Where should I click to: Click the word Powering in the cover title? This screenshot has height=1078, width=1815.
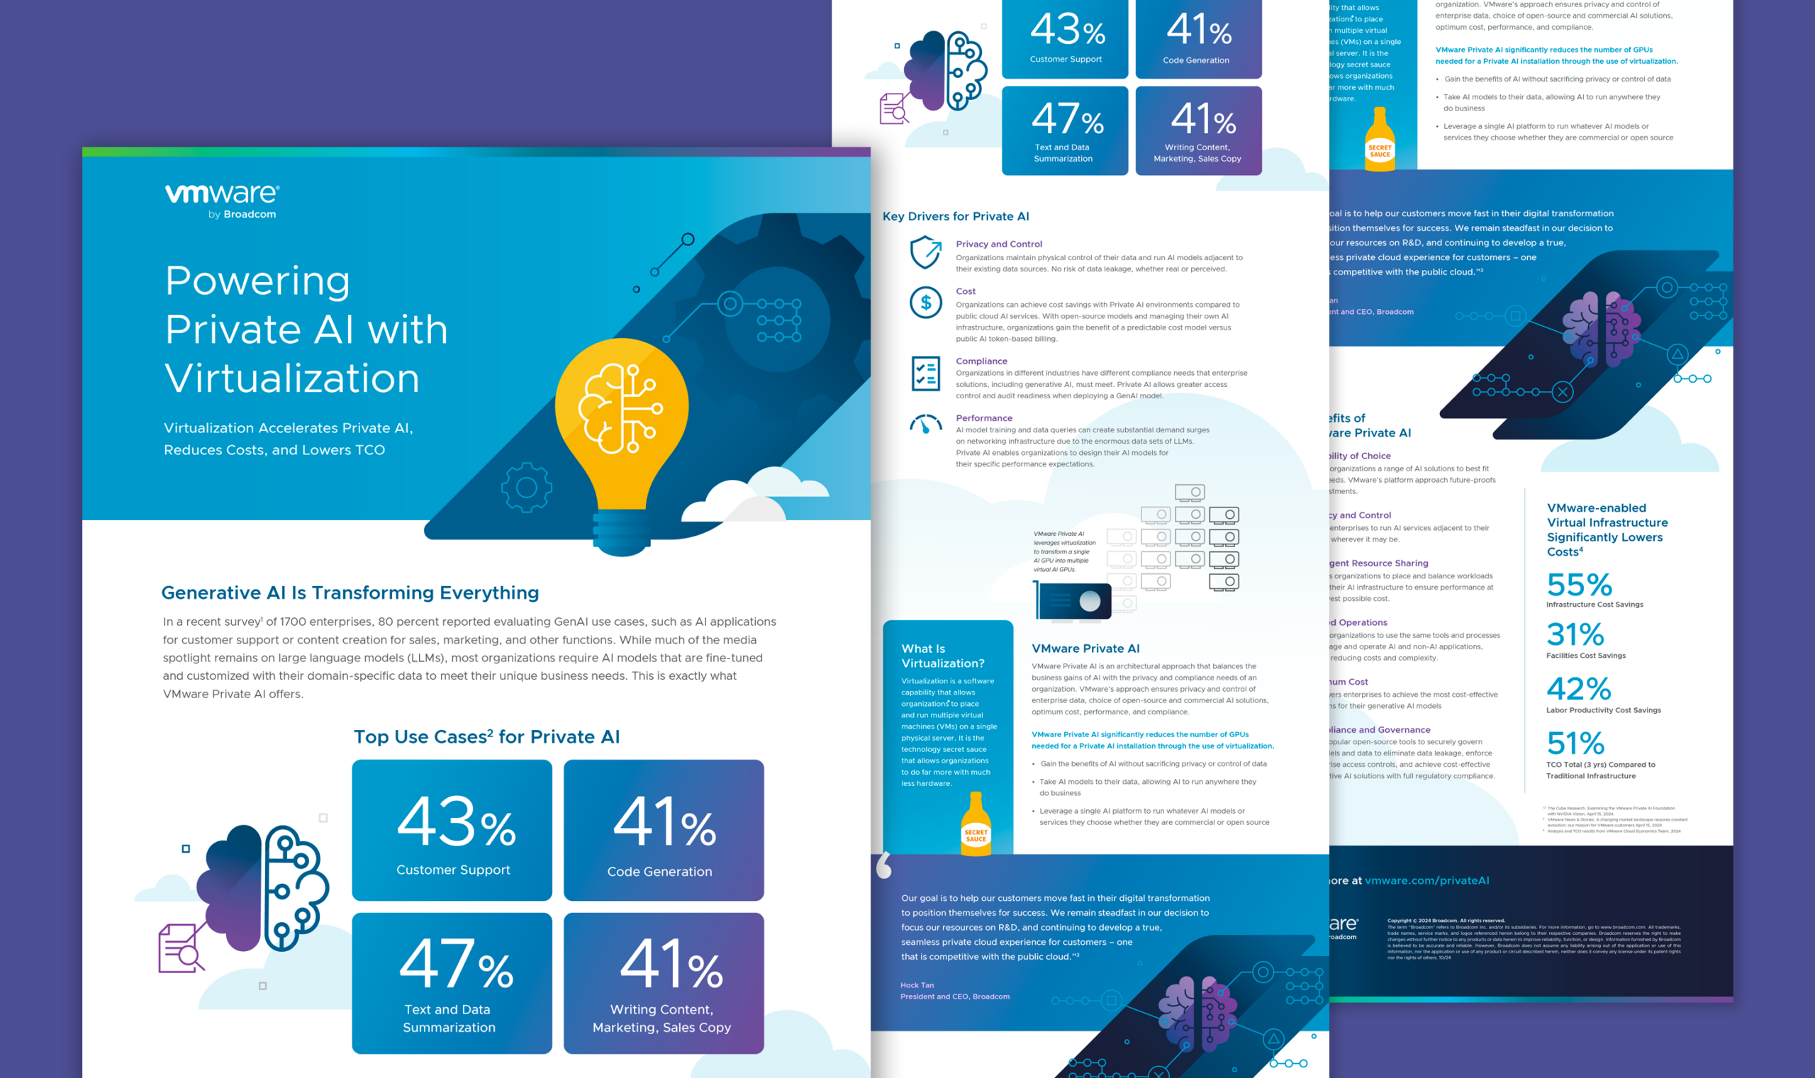(257, 281)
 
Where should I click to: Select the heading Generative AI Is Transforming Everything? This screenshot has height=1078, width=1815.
(350, 593)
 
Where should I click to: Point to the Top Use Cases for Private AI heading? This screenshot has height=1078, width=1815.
(486, 736)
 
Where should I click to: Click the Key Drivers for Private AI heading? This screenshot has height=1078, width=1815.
(956, 216)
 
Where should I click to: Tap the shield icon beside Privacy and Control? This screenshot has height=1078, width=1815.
(926, 252)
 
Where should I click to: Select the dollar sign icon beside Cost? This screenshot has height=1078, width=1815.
(926, 302)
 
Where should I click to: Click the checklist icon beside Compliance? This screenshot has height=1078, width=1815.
(926, 374)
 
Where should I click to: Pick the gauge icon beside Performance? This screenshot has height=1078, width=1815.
(926, 424)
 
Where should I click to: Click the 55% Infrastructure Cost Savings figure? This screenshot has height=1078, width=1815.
(1580, 585)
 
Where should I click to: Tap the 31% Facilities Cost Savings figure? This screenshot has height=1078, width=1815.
(1575, 635)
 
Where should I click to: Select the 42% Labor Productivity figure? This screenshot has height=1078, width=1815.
(1579, 689)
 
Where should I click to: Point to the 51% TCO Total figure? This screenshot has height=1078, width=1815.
(1575, 743)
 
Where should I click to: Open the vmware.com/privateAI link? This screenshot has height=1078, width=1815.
(1426, 880)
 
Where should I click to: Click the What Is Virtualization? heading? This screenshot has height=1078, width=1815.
(942, 656)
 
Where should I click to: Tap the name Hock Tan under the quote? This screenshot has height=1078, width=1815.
(917, 985)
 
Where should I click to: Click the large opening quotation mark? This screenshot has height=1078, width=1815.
(883, 865)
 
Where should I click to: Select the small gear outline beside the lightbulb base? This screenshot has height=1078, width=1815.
(527, 488)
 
